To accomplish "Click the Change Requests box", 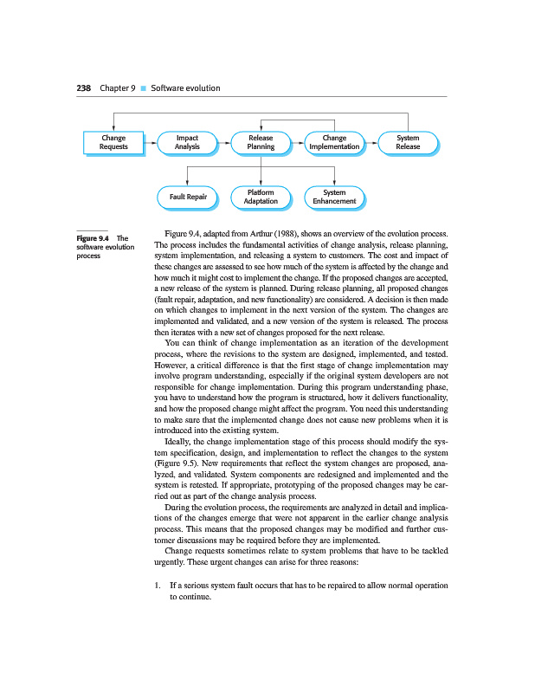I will pyautogui.click(x=113, y=143).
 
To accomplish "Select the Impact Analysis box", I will pyautogui.click(x=187, y=143).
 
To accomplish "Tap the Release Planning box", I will pyautogui.click(x=261, y=143).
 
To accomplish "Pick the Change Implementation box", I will pyautogui.click(x=334, y=143).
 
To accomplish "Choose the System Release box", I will pyautogui.click(x=408, y=143).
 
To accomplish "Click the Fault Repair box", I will pyautogui.click(x=187, y=198).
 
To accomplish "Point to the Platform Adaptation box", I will pyautogui.click(x=261, y=197).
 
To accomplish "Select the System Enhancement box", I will pyautogui.click(x=334, y=197).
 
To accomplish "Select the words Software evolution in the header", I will pyautogui.click(x=185, y=88).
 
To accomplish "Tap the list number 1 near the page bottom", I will pyautogui.click(x=155, y=586).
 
